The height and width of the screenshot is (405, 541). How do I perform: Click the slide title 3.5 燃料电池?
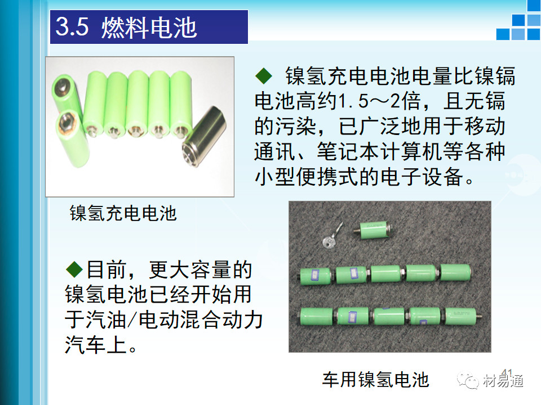coord(126,27)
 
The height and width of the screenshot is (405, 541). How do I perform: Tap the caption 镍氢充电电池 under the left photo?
coord(123,213)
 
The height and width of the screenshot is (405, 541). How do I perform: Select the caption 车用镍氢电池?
coord(376,380)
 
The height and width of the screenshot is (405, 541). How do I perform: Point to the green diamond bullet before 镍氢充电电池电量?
coord(264,76)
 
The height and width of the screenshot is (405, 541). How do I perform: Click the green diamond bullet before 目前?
coord(74,269)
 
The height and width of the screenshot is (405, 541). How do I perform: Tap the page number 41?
coord(507,372)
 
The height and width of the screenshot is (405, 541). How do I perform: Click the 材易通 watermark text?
coord(503,381)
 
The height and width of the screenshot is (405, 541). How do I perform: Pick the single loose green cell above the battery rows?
coord(374,229)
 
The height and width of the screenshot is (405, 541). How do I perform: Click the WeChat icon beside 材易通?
coord(468,380)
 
